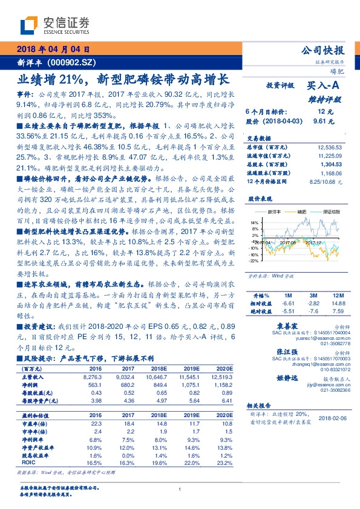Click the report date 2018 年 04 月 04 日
click(53, 49)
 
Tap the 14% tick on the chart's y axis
click(254, 222)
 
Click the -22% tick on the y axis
click(253, 261)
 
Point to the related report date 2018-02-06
click(334, 418)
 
